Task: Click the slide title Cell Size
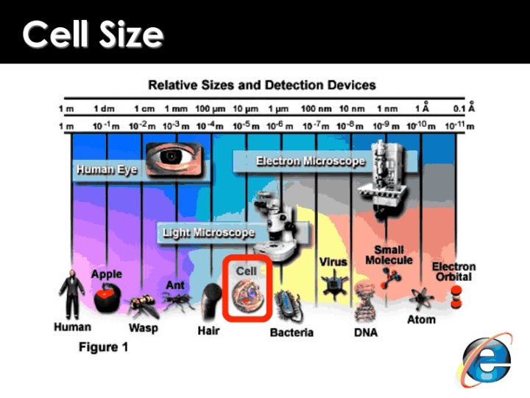tap(93, 34)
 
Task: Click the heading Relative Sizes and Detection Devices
tap(262, 85)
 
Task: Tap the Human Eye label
tap(107, 170)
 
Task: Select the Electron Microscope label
tap(310, 161)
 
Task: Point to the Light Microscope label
tap(208, 233)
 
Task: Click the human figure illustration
tap(71, 293)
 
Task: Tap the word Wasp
tap(143, 327)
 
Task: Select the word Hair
tap(208, 331)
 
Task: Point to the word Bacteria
tap(291, 332)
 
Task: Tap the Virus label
tap(333, 262)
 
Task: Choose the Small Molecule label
tap(389, 255)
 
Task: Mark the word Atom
tap(421, 320)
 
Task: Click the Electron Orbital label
tap(453, 271)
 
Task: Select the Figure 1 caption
tap(103, 346)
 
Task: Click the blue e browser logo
tap(487, 360)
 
